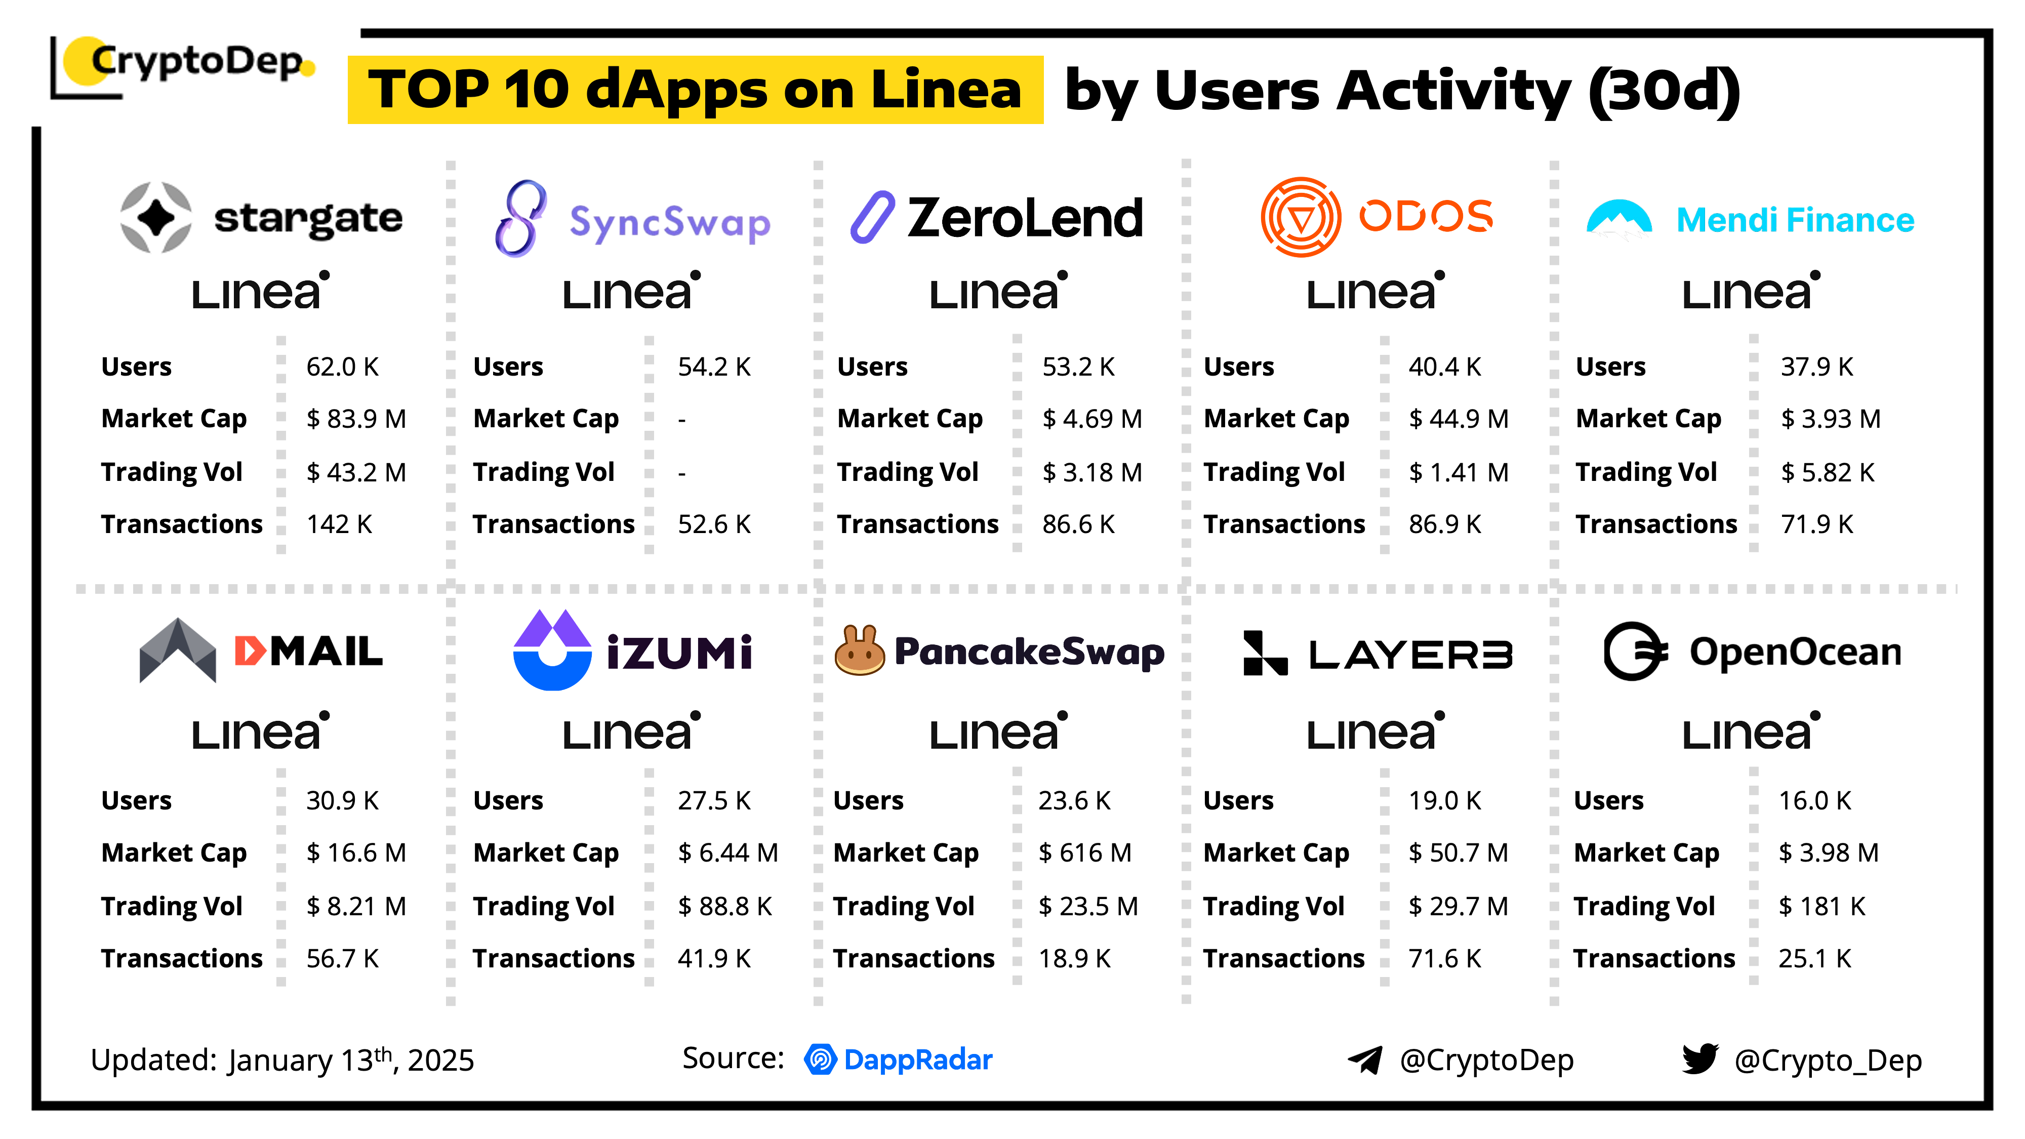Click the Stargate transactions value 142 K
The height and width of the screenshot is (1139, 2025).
tap(339, 524)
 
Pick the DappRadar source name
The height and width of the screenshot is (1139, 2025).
tap(917, 1060)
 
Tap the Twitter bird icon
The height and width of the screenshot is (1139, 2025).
tap(1699, 1059)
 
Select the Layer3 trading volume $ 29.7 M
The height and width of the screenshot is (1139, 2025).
tap(1457, 906)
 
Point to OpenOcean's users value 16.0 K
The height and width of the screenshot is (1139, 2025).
tap(1814, 801)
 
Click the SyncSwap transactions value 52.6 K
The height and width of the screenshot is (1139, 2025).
tap(714, 524)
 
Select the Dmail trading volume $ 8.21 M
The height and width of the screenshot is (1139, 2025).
tap(355, 906)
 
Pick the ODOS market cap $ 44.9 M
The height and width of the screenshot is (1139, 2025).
tap(1458, 419)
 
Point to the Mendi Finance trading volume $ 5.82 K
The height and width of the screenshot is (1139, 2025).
tap(1827, 472)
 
